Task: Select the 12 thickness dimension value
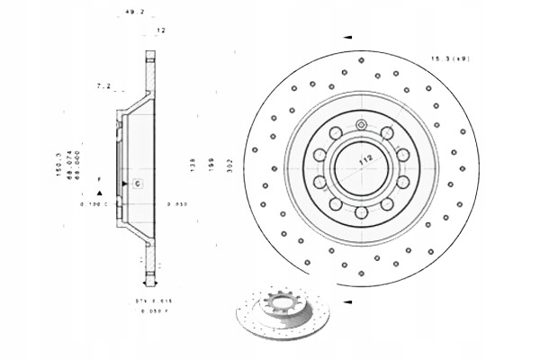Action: point(161,31)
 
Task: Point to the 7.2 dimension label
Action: point(103,87)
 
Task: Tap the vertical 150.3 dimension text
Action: point(58,166)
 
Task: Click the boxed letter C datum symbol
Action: point(137,184)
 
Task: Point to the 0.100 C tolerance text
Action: point(93,204)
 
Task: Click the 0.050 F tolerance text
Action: point(152,310)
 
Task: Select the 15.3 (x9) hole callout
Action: point(450,58)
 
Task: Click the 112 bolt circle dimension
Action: point(365,159)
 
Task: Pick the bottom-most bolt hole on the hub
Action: point(361,212)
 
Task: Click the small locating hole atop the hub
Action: point(361,124)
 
